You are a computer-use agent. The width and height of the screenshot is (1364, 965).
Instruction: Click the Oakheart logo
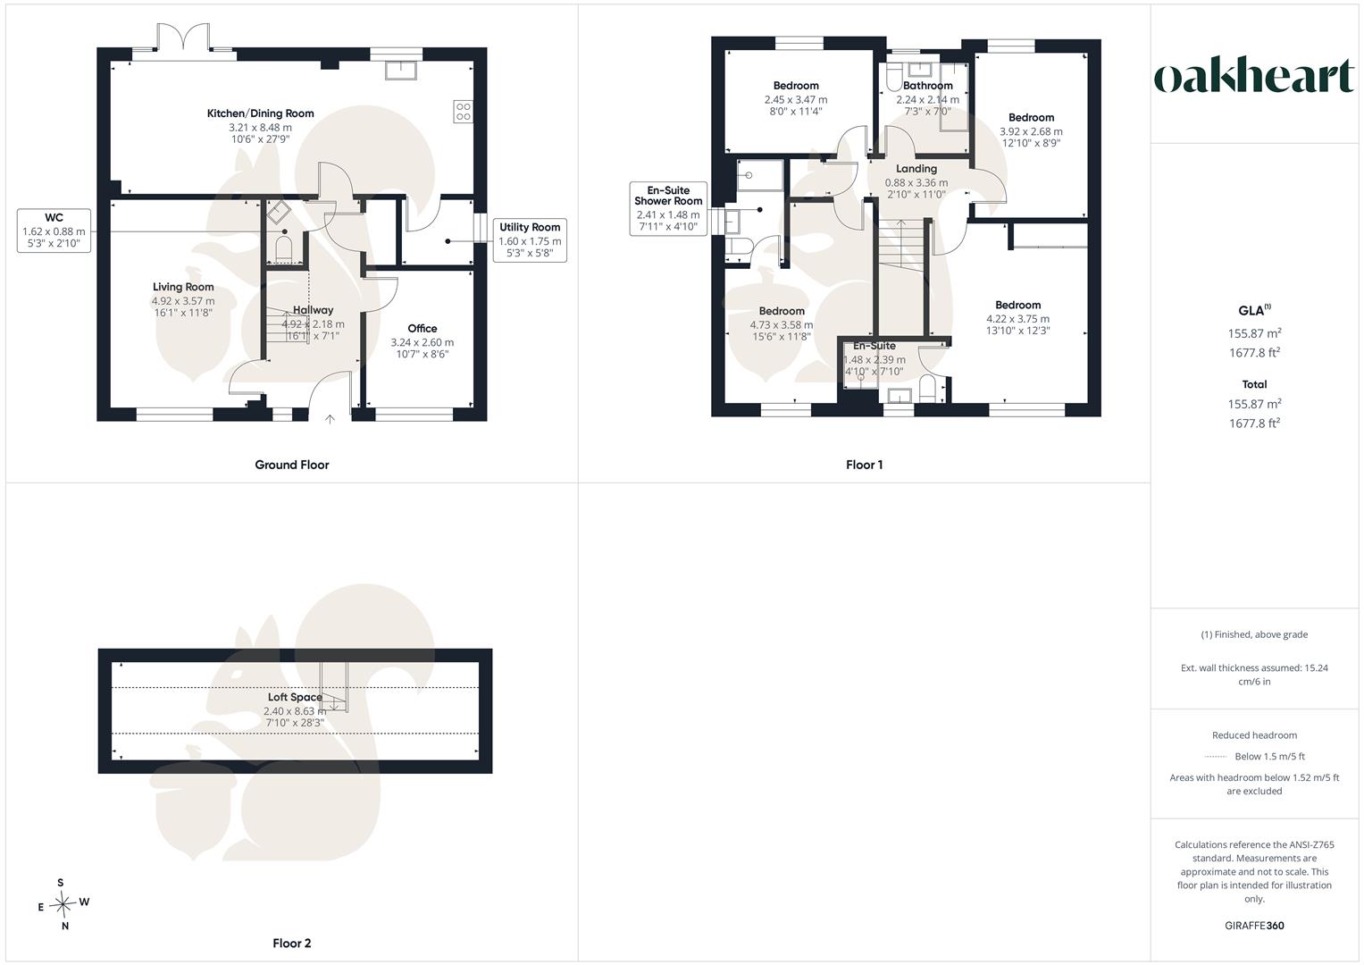pos(1254,75)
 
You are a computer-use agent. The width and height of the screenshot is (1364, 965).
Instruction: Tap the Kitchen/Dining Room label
pos(260,113)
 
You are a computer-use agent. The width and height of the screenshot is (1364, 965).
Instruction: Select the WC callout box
pos(54,231)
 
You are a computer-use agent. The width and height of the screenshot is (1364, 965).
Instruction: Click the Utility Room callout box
pos(530,240)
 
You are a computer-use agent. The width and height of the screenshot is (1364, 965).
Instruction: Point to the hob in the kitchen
pos(463,112)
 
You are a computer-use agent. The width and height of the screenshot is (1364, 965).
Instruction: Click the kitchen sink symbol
pos(401,70)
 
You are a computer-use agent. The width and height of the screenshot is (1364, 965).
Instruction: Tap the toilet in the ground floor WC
pos(284,249)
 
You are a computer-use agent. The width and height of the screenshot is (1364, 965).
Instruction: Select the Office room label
pos(422,329)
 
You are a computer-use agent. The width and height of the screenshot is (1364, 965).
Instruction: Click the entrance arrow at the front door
pos(330,419)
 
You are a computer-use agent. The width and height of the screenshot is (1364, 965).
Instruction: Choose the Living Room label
pos(183,287)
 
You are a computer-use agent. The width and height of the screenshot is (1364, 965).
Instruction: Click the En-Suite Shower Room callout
pos(668,208)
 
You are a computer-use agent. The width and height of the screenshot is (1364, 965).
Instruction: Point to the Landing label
pos(916,169)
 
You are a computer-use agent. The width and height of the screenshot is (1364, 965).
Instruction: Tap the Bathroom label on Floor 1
pos(927,86)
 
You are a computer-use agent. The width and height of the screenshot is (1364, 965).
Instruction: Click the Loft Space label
pos(295,697)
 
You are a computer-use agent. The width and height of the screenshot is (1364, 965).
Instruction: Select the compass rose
pos(63,903)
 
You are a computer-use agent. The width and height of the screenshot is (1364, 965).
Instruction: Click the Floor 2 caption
pos(292,943)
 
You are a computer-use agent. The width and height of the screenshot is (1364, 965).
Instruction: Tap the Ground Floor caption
pos(292,465)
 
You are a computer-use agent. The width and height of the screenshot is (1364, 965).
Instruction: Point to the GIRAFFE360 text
pos(1254,926)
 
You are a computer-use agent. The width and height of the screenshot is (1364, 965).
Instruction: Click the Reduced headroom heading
pos(1254,735)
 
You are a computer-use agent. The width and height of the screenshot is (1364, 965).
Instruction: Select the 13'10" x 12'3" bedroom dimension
pos(1017,331)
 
